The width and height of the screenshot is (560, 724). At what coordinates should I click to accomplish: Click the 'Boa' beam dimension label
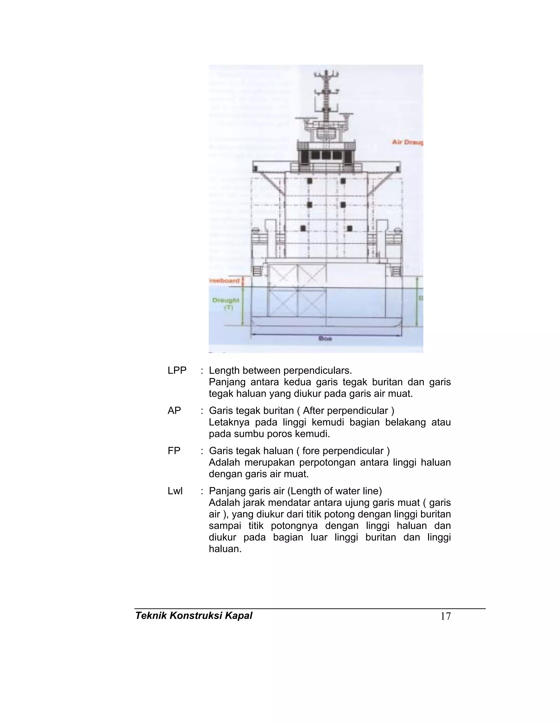pyautogui.click(x=325, y=339)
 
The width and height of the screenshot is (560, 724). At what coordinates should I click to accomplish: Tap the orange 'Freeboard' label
pyautogui.click(x=224, y=281)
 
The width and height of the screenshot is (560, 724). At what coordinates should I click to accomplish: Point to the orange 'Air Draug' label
pyautogui.click(x=407, y=142)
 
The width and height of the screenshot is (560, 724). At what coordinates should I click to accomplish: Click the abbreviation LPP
pyautogui.click(x=177, y=370)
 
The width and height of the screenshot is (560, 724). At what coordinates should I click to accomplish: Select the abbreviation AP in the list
pyautogui.click(x=174, y=410)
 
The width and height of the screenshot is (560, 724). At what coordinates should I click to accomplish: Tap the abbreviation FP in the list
pyautogui.click(x=174, y=451)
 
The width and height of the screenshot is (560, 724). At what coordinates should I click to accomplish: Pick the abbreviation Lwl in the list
pyautogui.click(x=175, y=491)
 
